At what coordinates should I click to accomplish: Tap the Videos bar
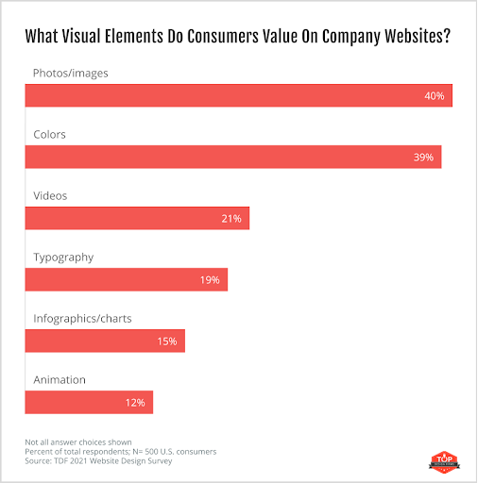(x=137, y=219)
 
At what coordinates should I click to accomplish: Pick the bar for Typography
(x=127, y=280)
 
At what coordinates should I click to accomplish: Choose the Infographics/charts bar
(x=105, y=341)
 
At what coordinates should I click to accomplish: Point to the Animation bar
(x=89, y=403)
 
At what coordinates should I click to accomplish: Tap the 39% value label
(x=422, y=158)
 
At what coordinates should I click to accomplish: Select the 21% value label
(x=231, y=219)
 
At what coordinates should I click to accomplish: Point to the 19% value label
(x=210, y=280)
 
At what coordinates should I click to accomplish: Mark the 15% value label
(x=167, y=341)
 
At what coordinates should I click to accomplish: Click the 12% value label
(x=134, y=403)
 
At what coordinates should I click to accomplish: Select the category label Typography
(x=63, y=257)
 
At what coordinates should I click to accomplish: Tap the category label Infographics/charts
(x=82, y=318)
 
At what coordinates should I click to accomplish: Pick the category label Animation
(x=60, y=379)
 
